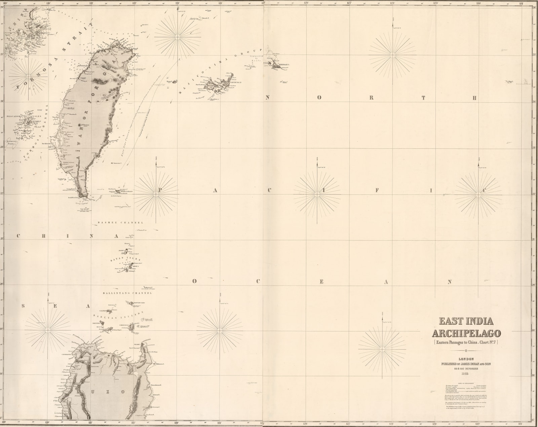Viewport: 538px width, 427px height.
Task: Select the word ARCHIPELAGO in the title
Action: [x=466, y=333]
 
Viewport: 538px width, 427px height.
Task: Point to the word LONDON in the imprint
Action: [x=466, y=359]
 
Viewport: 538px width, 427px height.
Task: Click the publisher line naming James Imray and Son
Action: [x=466, y=364]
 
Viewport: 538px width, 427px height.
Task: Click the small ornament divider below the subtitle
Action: [x=466, y=350]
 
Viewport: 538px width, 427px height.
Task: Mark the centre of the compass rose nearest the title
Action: [x=383, y=347]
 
